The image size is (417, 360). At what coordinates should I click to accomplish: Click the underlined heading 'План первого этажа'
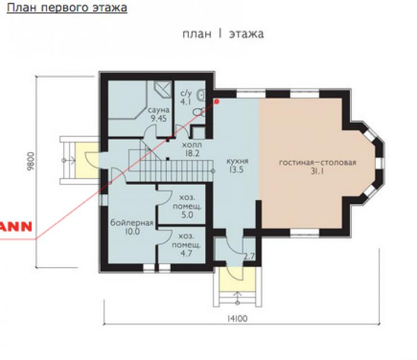click(67, 8)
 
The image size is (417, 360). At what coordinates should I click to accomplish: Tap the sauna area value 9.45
click(159, 118)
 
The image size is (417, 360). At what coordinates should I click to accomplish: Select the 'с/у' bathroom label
click(186, 94)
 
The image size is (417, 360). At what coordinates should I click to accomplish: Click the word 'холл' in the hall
click(192, 145)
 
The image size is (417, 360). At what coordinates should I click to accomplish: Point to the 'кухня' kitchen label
click(237, 161)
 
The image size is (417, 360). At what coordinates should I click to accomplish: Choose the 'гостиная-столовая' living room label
click(317, 162)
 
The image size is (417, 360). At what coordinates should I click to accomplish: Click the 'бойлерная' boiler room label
click(132, 223)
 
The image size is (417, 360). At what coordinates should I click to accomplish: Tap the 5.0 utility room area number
click(187, 215)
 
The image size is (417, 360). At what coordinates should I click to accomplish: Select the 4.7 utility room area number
click(186, 254)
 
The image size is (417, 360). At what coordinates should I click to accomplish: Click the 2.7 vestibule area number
click(249, 256)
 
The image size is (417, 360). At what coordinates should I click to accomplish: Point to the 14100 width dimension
click(237, 318)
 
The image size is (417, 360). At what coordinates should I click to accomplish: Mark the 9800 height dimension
click(31, 161)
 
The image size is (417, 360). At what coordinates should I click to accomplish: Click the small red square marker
click(217, 101)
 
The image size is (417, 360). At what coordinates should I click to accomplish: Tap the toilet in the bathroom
click(199, 112)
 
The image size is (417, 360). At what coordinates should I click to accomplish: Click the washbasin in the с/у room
click(201, 95)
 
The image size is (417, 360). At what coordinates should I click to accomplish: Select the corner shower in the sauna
click(163, 89)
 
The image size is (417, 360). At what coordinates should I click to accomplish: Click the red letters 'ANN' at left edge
click(16, 226)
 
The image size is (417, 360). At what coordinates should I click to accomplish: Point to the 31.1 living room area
click(317, 171)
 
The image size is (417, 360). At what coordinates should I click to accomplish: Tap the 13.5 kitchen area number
click(237, 170)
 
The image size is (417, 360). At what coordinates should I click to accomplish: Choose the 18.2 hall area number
click(192, 153)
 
